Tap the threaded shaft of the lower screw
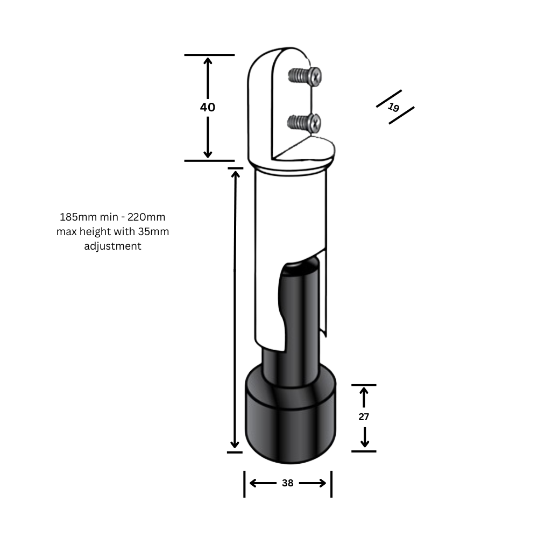click(x=295, y=123)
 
